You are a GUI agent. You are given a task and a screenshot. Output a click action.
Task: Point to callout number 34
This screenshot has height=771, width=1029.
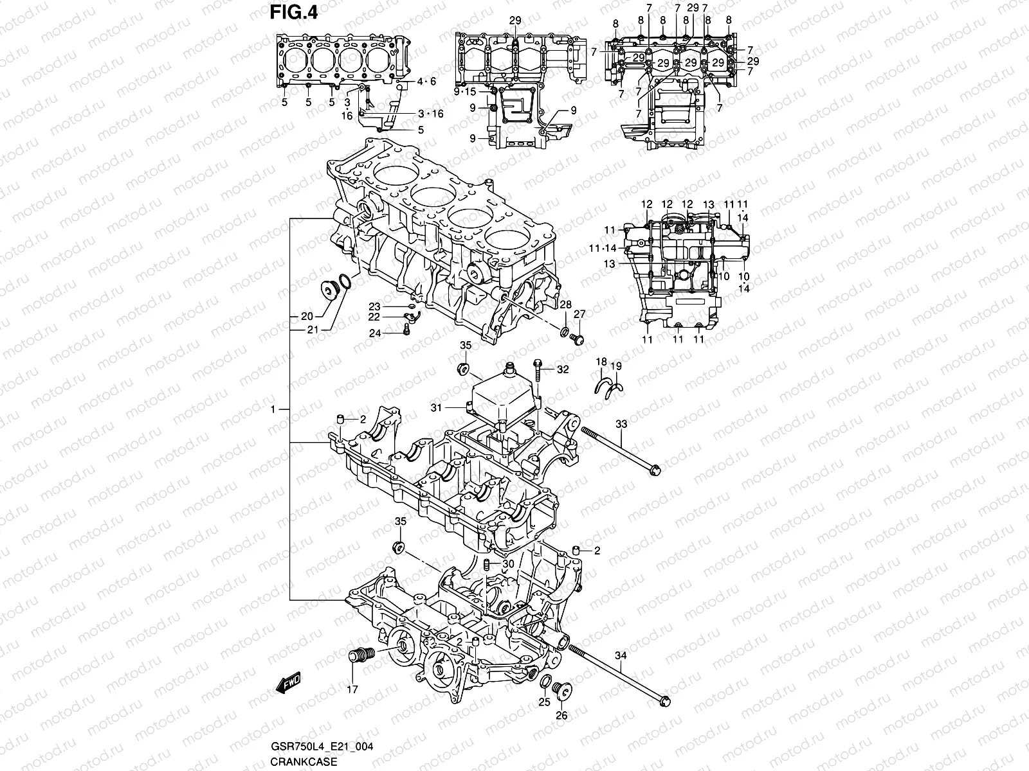pos(621,655)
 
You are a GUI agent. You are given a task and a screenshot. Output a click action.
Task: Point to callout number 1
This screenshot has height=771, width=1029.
pos(274,409)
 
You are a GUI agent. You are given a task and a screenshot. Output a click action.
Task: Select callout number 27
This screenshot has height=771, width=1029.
pos(579,314)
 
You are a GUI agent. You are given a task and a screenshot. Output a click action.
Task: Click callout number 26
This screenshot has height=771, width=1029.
pos(561,716)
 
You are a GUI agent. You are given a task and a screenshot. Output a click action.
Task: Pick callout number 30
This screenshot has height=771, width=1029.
pos(508,563)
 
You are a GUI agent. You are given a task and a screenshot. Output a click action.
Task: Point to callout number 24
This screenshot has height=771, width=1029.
pos(374,333)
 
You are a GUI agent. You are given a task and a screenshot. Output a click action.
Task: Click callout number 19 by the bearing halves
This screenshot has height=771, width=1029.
pos(616,366)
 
